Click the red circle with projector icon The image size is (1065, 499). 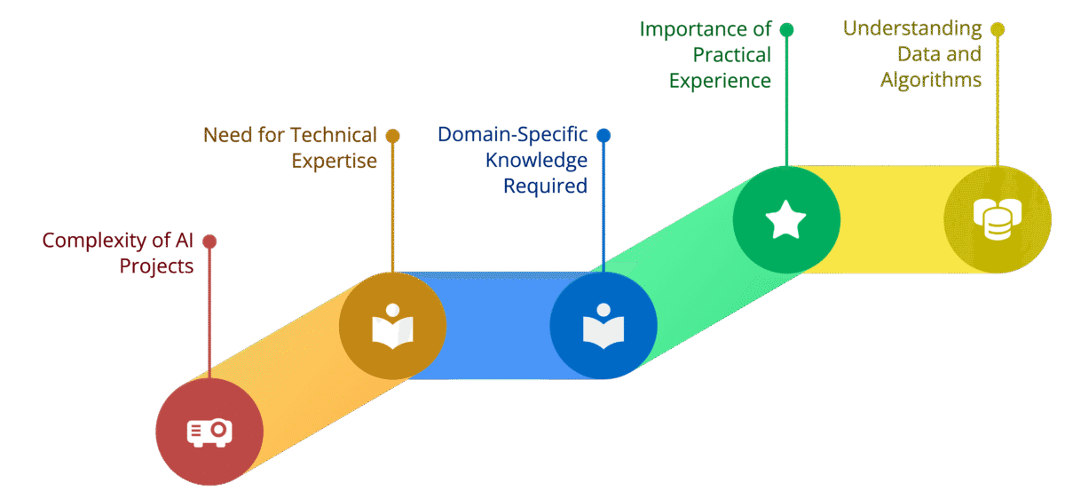(209, 432)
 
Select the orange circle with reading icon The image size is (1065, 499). (393, 326)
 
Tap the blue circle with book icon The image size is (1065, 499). (603, 326)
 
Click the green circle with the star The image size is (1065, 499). (786, 219)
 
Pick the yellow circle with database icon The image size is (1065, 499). (998, 219)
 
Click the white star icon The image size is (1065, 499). (786, 219)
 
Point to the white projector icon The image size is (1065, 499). (209, 432)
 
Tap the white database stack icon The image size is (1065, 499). (998, 219)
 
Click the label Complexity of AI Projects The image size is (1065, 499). (118, 253)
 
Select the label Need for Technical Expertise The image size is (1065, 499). (290, 147)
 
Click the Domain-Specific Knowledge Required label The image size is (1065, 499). (513, 160)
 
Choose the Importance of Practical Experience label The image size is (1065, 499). (706, 55)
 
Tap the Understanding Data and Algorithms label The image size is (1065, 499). (913, 54)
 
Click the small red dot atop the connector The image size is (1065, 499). (209, 242)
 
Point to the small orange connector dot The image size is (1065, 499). (393, 136)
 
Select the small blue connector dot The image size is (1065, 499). (603, 136)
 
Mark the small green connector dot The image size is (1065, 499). (786, 29)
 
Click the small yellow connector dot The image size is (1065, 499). (998, 29)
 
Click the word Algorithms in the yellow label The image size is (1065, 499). (931, 80)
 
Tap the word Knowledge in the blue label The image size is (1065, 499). (536, 160)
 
